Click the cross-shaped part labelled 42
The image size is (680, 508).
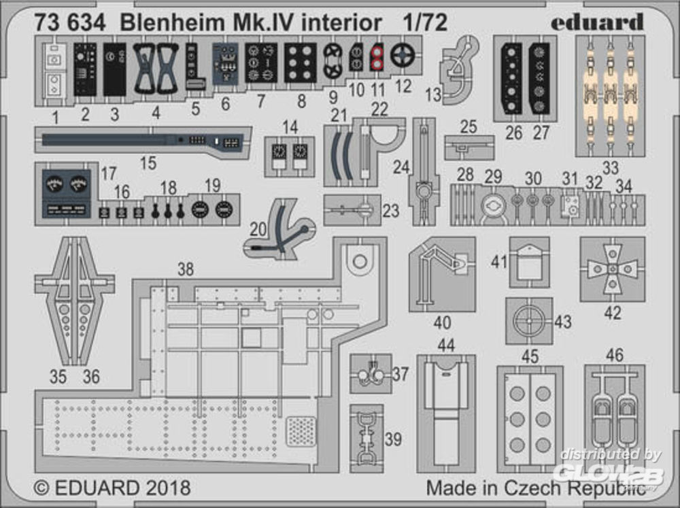point(612,270)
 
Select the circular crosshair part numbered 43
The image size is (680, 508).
point(529,320)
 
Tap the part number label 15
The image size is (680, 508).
point(148,163)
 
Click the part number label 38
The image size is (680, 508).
point(185,269)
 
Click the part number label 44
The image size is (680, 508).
point(446,345)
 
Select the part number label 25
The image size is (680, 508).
point(468,126)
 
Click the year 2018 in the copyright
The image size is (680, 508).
point(163,488)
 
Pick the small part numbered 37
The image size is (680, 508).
point(371,373)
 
